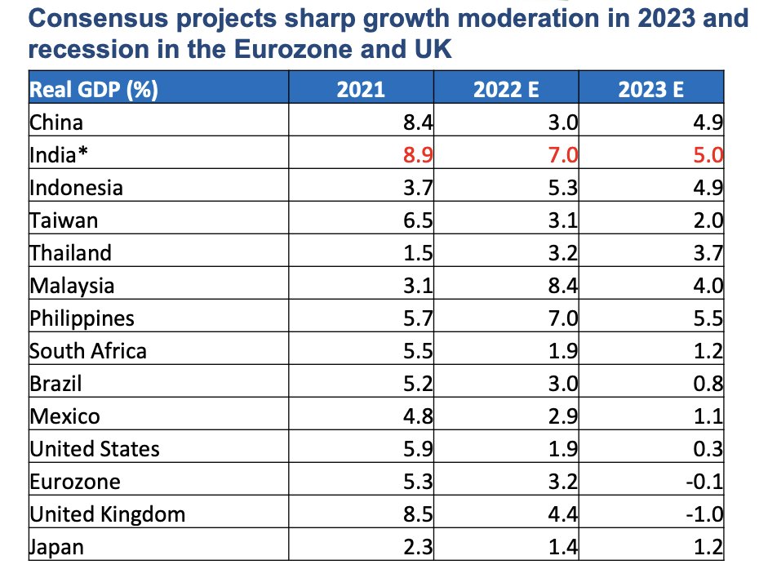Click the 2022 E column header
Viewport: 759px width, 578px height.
pos(507,88)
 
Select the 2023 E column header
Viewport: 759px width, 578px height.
pos(650,88)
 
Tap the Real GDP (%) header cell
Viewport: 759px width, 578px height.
pos(93,88)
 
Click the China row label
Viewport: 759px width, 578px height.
pos(55,122)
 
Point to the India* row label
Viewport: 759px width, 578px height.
pos(59,155)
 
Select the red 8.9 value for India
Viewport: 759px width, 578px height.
pos(417,155)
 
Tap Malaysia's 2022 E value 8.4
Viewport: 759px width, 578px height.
pos(562,286)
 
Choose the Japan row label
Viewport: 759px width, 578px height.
pos(56,547)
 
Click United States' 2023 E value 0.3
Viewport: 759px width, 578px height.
pos(709,449)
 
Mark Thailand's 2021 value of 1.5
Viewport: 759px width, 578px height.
pos(417,253)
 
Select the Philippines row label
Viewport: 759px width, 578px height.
pos(82,318)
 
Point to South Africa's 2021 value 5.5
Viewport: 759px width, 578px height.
pos(417,351)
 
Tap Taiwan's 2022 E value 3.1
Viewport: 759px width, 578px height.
pos(562,220)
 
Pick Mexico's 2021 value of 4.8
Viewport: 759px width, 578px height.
pos(417,416)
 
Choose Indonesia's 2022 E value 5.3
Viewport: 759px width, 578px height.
pos(562,188)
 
